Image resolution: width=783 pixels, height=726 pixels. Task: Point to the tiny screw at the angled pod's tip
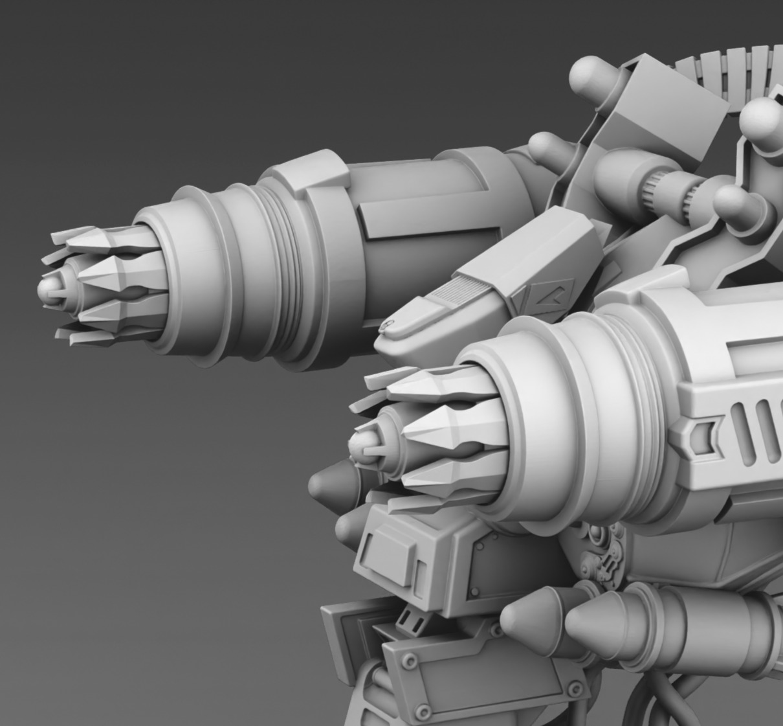click(x=388, y=324)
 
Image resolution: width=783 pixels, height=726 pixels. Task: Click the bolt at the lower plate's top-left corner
click(x=409, y=662)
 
